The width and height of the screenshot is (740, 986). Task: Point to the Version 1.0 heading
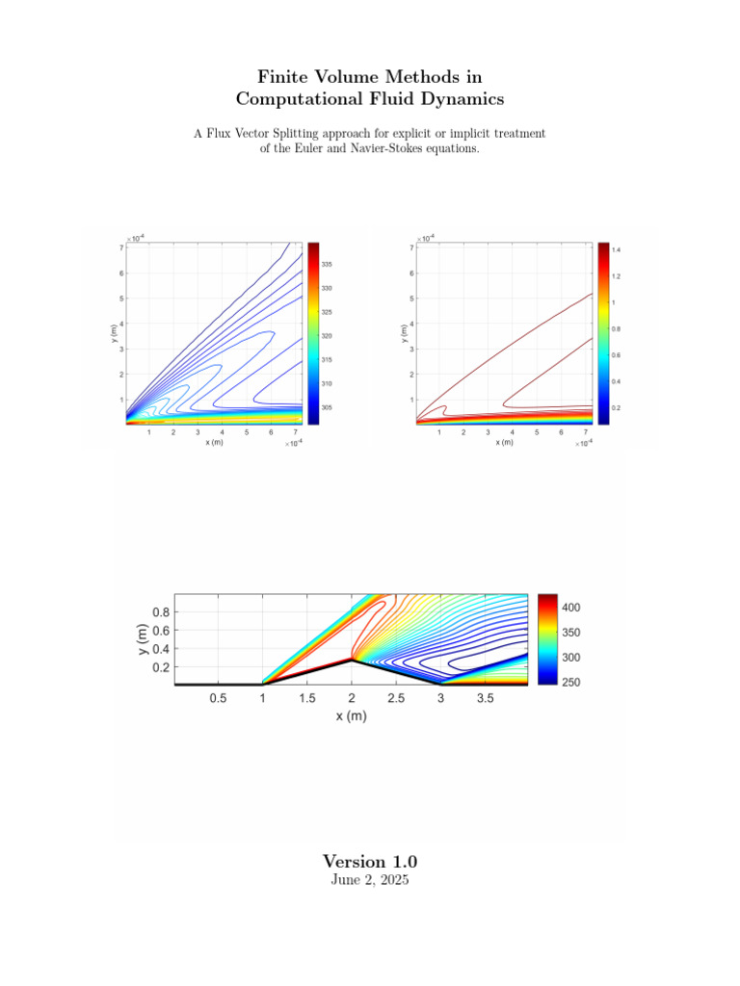coord(370,861)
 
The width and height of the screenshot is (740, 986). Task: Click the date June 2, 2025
coord(370,880)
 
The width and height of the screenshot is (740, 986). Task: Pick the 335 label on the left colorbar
coord(328,264)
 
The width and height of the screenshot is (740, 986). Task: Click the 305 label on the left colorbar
coord(328,407)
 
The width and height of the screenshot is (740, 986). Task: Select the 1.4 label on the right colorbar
coord(617,249)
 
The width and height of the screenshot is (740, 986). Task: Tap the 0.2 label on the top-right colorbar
coord(617,407)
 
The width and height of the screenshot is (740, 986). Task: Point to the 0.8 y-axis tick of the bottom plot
coord(160,612)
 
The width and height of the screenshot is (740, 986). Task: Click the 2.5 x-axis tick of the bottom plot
coord(396,699)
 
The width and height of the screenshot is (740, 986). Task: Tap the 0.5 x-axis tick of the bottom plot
coord(218,699)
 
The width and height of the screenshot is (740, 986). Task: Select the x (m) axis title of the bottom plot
coord(352,716)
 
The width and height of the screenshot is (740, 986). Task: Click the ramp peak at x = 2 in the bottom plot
coord(352,661)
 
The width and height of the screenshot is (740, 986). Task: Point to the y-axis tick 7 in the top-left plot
coord(120,248)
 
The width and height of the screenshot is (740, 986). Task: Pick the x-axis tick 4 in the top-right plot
coord(512,432)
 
